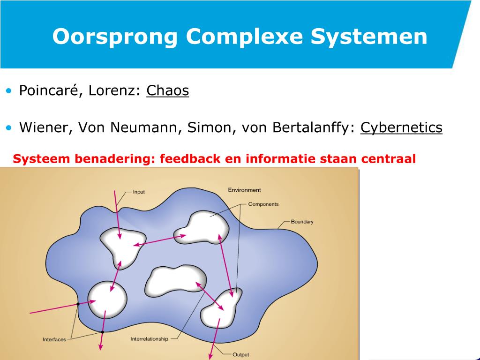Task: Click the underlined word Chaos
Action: [x=167, y=90]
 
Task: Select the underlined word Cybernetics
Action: [x=401, y=127]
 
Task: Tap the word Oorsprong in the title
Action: [x=115, y=37]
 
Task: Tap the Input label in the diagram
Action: [x=139, y=192]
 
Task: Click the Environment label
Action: [x=244, y=190]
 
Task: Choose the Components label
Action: [x=263, y=204]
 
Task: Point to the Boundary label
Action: [x=302, y=221]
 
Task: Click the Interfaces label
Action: [x=54, y=339]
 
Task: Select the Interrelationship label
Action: [x=149, y=339]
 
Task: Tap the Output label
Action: [x=240, y=354]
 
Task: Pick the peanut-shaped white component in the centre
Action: [x=174, y=280]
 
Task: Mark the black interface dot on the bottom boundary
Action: [x=102, y=332]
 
